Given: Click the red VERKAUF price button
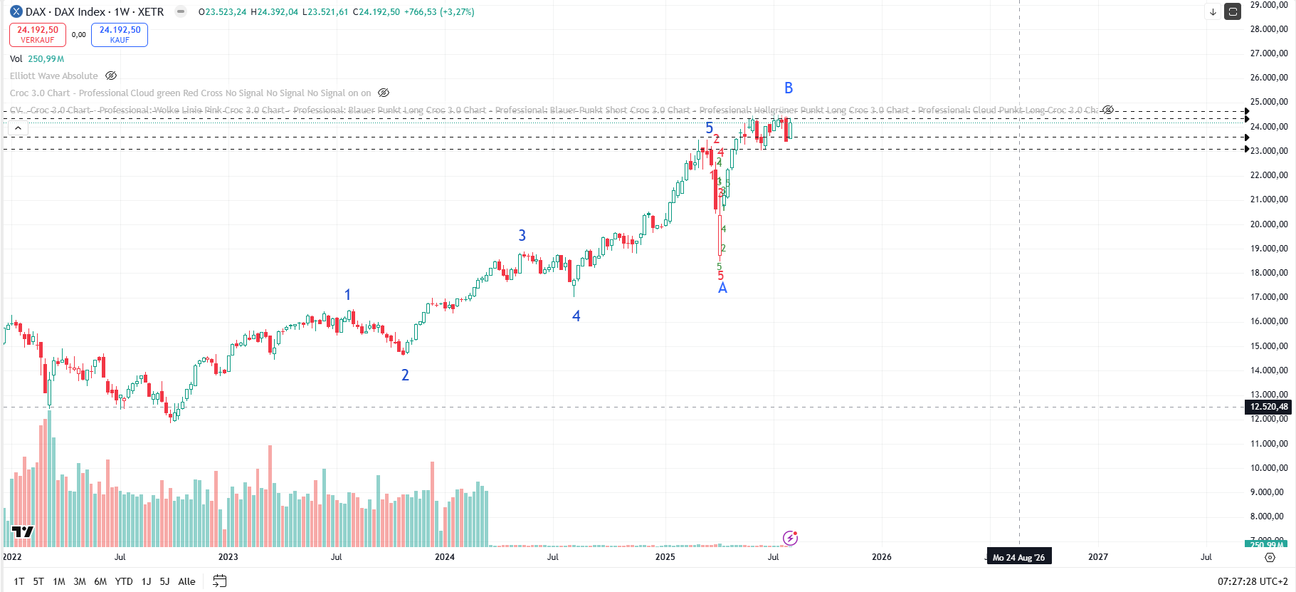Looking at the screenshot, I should click(38, 34).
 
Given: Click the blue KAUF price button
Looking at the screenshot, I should click(120, 34).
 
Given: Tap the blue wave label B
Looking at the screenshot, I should click(789, 88).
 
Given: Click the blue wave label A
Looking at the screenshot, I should click(722, 288).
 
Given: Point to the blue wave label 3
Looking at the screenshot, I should click(522, 235).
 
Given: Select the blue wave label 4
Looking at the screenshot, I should click(576, 316).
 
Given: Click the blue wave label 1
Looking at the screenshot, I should click(347, 294).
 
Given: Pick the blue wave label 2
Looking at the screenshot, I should click(405, 375).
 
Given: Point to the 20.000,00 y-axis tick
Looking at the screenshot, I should click(1269, 224).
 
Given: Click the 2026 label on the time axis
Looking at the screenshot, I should click(881, 557).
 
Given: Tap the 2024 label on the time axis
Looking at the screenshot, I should click(444, 557).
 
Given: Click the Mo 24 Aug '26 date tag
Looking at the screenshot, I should click(1018, 557).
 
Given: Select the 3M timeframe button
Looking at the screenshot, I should click(80, 581).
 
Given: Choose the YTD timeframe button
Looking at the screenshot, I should click(124, 581).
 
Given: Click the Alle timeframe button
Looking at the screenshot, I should click(186, 581).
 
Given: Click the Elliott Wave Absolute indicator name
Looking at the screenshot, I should click(54, 76).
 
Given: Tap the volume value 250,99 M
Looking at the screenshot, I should click(46, 59).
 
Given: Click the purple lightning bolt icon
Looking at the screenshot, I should click(790, 538).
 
